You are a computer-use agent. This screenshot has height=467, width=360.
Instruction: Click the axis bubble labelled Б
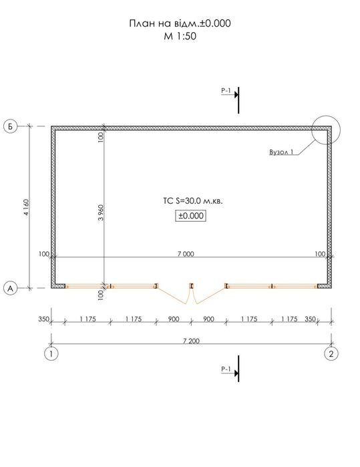[11, 126]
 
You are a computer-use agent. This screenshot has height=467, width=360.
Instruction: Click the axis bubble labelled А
[11, 289]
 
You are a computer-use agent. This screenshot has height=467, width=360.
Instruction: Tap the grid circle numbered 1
[51, 354]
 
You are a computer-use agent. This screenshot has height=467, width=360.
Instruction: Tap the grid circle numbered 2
[331, 354]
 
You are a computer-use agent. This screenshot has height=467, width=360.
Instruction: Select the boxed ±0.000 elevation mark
[190, 216]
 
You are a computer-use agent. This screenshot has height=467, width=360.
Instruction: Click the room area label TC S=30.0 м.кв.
[193, 201]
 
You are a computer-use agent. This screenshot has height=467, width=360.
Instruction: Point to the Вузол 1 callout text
[281, 152]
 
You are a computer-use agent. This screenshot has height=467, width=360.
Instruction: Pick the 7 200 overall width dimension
[191, 341]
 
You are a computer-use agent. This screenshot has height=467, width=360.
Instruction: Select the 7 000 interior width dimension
[186, 254]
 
